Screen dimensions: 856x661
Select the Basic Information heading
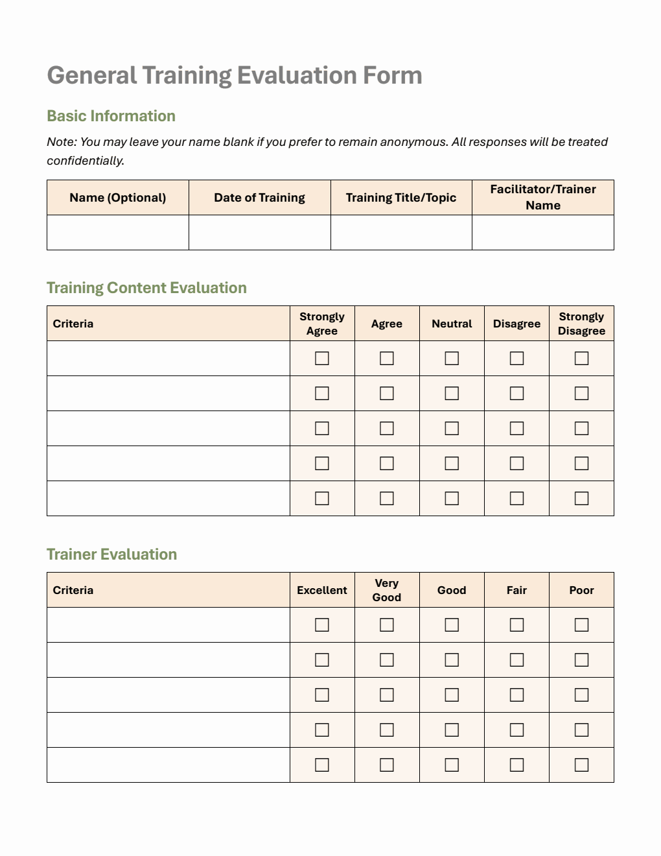111,116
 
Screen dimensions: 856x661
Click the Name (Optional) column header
117,198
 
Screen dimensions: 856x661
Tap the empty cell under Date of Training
259,232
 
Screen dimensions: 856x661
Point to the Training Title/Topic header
400,198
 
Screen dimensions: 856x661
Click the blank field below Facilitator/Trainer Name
542,232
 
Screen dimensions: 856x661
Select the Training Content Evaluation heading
146,288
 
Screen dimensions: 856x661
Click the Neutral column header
452,324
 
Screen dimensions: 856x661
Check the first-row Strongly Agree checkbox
322,359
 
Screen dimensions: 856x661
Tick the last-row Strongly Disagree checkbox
581,499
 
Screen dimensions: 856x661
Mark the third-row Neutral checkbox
452,429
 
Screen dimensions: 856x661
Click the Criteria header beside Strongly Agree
73,324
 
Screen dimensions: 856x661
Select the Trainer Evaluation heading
111,554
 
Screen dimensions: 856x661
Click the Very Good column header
387,590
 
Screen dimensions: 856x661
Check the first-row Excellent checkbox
322,625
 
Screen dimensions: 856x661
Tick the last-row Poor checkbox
581,765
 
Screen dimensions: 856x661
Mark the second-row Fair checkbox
516,660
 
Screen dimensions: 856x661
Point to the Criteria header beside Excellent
73,590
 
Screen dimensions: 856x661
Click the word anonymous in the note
413,142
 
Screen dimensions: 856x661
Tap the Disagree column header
516,324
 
